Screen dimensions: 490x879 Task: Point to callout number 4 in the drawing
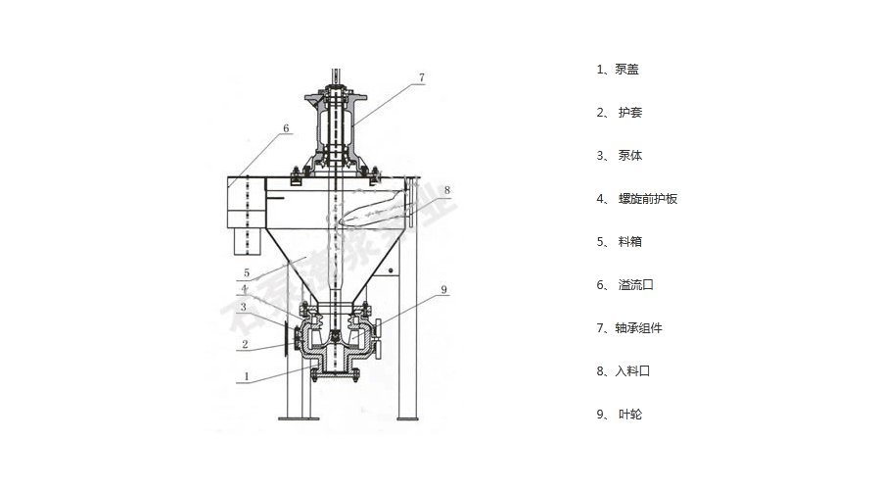tap(245, 289)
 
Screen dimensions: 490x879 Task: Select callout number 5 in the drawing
tap(246, 272)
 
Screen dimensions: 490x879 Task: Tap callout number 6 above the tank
tap(286, 128)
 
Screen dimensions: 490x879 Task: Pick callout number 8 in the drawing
tap(446, 189)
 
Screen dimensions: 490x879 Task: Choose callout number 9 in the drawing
tap(442, 289)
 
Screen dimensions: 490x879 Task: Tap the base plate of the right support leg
tap(411, 418)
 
